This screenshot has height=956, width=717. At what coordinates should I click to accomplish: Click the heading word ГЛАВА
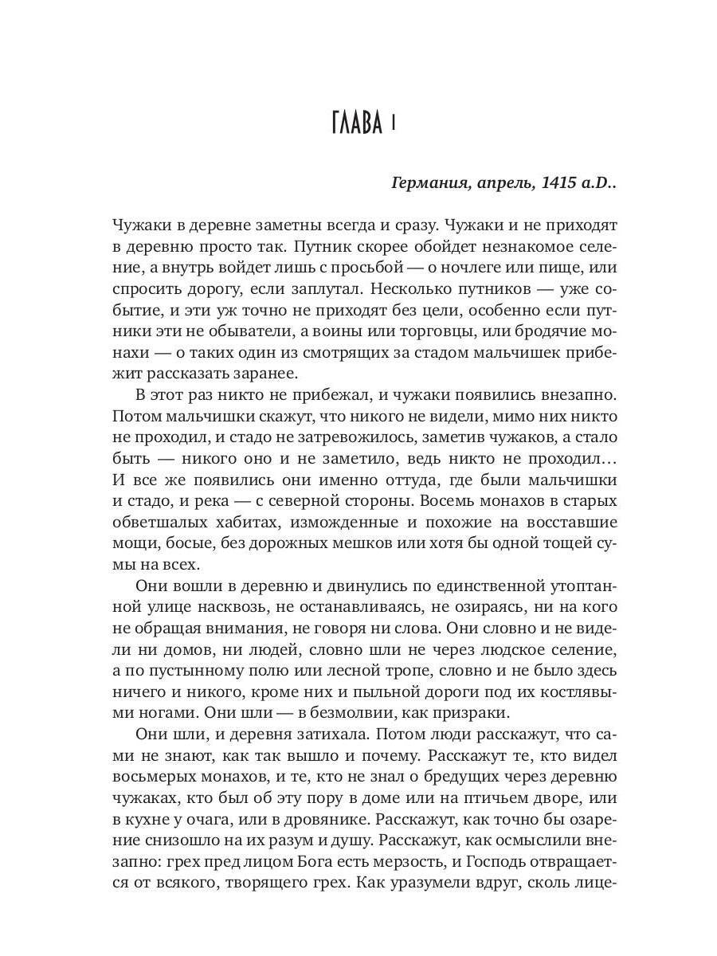tap(356, 124)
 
